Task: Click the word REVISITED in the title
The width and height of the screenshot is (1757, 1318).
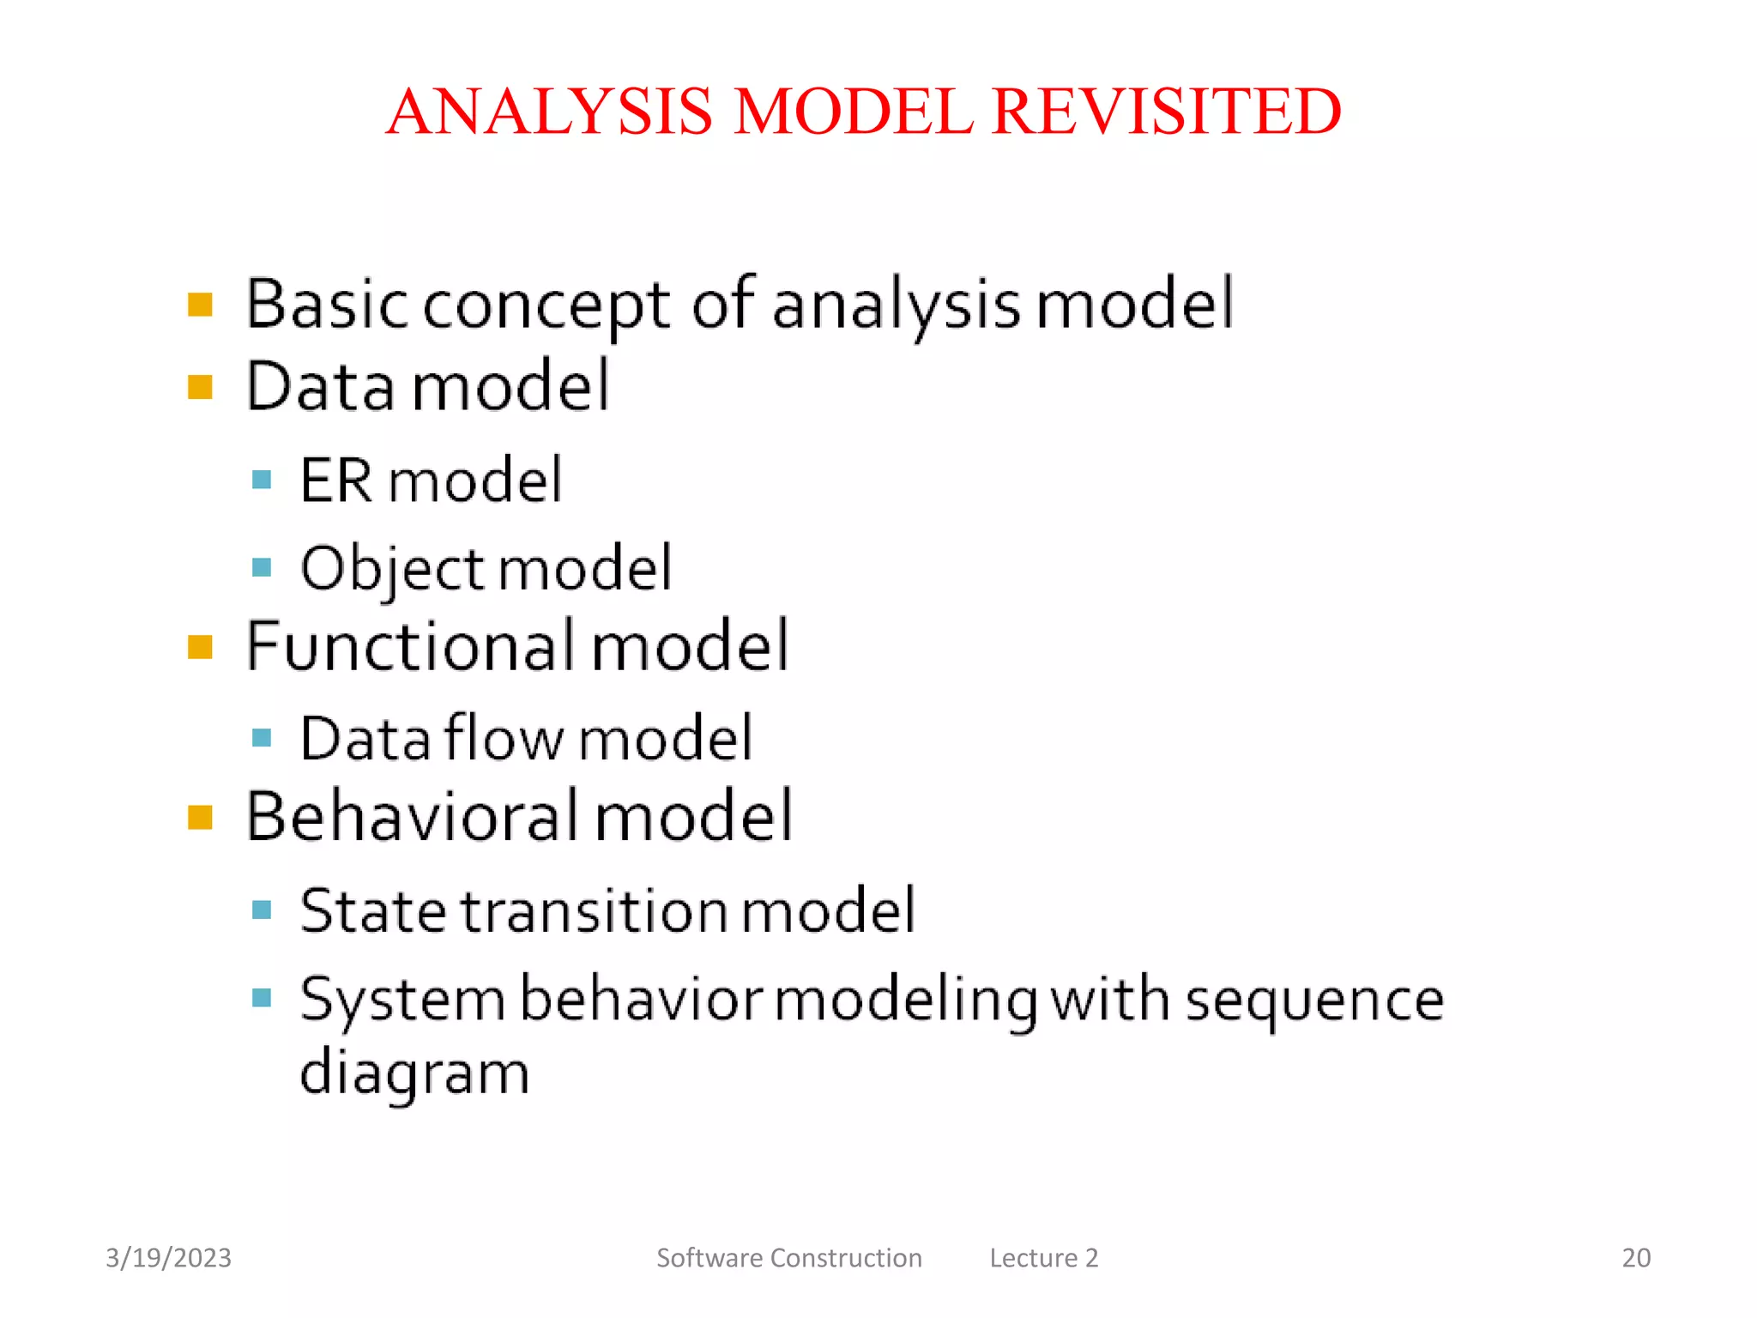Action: point(1166,112)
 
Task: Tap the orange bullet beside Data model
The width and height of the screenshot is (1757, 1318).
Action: point(200,388)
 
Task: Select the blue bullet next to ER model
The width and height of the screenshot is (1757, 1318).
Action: point(263,480)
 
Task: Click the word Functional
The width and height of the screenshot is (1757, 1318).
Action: point(411,645)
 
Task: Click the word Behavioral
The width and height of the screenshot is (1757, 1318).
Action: point(413,816)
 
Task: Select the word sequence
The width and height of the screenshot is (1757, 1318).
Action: point(1314,1001)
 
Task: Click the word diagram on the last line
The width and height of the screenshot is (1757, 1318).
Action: point(414,1073)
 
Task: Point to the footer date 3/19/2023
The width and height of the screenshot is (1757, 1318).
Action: point(168,1258)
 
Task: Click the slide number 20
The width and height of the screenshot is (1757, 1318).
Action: point(1636,1258)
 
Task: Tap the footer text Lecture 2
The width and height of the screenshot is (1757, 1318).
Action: point(1043,1258)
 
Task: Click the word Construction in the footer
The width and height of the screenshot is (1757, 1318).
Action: point(846,1258)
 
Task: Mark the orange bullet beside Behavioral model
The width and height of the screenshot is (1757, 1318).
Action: point(200,817)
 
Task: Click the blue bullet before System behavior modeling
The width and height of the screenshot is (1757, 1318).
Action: point(263,998)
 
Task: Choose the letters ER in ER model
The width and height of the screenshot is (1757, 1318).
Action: point(336,480)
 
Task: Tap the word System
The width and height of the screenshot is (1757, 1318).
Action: point(402,1001)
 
